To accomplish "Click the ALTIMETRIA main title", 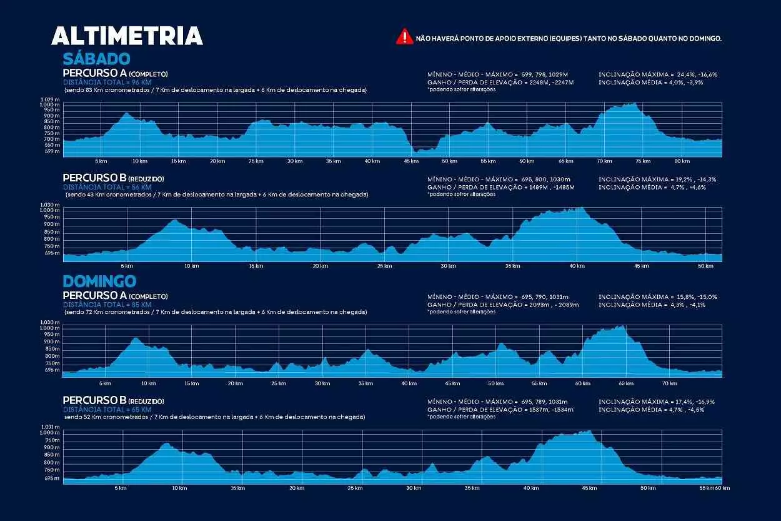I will pyautogui.click(x=127, y=36).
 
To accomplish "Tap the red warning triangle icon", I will pyautogui.click(x=404, y=37).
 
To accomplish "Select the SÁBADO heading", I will pyautogui.click(x=96, y=59).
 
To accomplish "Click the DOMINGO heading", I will pyautogui.click(x=99, y=281).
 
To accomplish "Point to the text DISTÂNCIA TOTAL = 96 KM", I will pyautogui.click(x=107, y=82).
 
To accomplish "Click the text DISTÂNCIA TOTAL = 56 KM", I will pyautogui.click(x=107, y=187).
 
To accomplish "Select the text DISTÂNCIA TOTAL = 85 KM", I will pyautogui.click(x=107, y=305).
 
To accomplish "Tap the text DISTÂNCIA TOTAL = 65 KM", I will pyautogui.click(x=107, y=409).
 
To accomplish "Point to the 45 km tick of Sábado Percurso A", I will pyautogui.click(x=410, y=161).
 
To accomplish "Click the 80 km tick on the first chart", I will pyautogui.click(x=682, y=161).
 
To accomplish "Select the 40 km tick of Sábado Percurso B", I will pyautogui.click(x=577, y=266).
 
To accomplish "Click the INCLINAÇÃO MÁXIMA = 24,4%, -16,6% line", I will pyautogui.click(x=657, y=74).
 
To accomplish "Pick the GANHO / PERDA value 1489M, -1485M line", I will pyautogui.click(x=500, y=187).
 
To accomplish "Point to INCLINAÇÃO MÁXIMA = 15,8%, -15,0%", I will pyautogui.click(x=657, y=297).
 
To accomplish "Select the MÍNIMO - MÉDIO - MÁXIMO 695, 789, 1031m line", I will pyautogui.click(x=497, y=402).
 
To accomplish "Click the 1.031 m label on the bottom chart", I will pyautogui.click(x=50, y=427).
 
